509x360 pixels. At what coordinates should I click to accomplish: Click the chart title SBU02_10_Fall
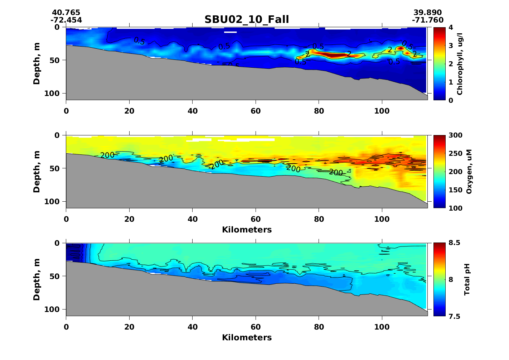point(247,19)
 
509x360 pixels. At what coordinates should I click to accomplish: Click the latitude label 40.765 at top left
point(66,13)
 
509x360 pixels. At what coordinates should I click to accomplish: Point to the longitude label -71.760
point(427,20)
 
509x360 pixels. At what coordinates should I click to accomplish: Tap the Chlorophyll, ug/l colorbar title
point(460,63)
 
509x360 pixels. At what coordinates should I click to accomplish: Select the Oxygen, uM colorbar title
point(469,172)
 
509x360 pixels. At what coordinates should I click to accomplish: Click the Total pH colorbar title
point(466,279)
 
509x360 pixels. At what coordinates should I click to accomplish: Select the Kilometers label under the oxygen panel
point(247,230)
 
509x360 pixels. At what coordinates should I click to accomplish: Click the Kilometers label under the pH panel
point(247,337)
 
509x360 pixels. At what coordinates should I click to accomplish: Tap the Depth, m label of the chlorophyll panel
point(37,63)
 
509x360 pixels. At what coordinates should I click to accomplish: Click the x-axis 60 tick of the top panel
point(256,111)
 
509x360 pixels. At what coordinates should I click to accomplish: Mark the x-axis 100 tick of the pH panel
point(382,327)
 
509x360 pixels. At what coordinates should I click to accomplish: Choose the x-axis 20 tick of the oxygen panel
point(129,219)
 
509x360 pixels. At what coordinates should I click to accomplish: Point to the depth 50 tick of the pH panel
point(57,276)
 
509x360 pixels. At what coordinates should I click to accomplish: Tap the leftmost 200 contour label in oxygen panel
point(107,155)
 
